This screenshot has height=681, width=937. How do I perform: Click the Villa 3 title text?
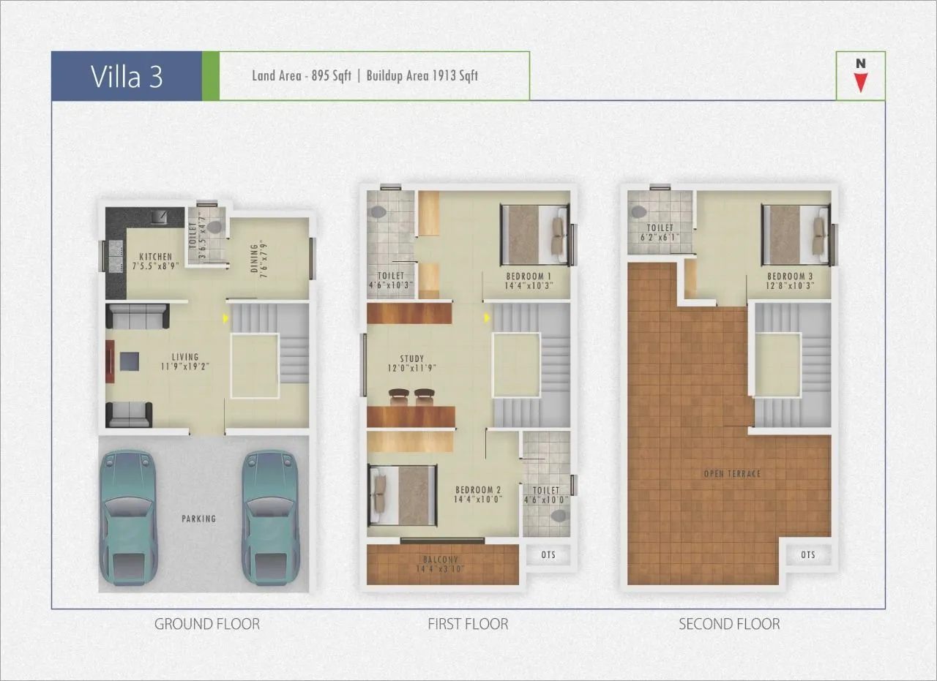point(126,76)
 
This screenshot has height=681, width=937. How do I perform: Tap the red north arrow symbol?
point(861,81)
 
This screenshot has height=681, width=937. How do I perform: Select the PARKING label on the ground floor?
point(199,519)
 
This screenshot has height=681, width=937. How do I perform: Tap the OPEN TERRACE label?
point(732,474)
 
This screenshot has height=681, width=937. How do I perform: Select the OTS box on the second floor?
point(807,554)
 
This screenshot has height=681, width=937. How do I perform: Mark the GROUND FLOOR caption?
point(206,624)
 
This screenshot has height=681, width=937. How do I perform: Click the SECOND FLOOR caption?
point(729,624)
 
